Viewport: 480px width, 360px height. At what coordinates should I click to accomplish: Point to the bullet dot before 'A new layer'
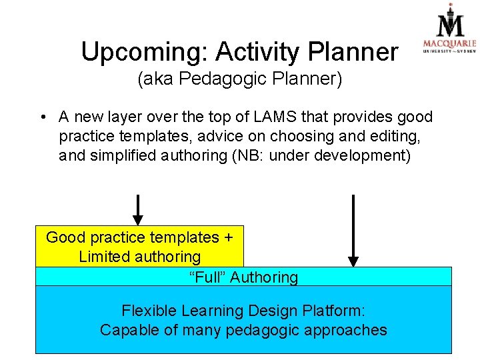point(42,118)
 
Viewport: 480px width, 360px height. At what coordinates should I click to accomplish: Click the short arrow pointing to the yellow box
point(137,209)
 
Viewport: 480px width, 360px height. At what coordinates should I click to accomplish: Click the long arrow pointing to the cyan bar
point(353,230)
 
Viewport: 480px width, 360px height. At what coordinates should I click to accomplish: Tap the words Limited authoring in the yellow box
point(139,257)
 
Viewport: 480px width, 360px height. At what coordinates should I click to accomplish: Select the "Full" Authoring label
point(243,277)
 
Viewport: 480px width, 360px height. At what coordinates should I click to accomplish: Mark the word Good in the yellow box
point(63,237)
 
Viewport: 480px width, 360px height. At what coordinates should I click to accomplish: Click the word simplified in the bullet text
point(120,157)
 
